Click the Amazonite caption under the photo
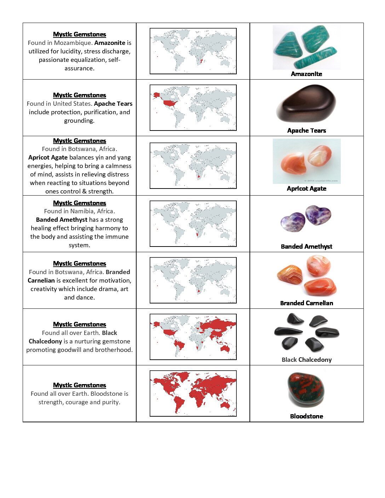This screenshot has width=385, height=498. click(x=306, y=74)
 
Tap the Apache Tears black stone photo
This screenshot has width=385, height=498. click(x=306, y=103)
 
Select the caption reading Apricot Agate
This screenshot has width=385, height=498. click(x=306, y=189)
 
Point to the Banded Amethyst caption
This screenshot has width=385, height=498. click(x=306, y=247)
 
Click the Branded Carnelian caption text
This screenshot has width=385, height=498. click(x=306, y=303)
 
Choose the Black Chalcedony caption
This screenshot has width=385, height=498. click(x=306, y=360)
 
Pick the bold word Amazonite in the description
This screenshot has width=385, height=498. click(x=110, y=43)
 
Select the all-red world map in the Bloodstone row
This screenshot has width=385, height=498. click(x=193, y=393)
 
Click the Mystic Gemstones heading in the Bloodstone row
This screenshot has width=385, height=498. click(x=80, y=385)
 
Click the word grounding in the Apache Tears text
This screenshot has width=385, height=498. click(x=79, y=121)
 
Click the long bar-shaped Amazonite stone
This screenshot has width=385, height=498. click(x=315, y=58)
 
